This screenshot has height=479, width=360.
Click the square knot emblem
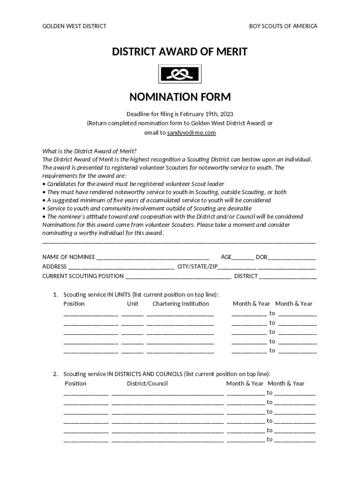click(180, 73)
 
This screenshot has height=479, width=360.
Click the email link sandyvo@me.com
click(192, 133)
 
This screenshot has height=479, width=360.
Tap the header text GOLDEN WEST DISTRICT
click(74, 26)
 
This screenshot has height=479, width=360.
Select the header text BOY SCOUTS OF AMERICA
click(283, 26)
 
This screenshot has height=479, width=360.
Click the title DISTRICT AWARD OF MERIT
click(180, 52)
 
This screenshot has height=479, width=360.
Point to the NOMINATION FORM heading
click(180, 97)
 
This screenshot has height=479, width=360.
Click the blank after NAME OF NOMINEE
click(152, 258)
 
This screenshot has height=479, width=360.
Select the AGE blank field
click(243, 258)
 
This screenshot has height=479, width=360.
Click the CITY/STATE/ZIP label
click(197, 267)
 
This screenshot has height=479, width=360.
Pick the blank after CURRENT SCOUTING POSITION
click(178, 276)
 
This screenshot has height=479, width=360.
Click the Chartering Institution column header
click(180, 304)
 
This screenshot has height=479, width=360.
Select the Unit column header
click(133, 304)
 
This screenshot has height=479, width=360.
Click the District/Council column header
click(147, 384)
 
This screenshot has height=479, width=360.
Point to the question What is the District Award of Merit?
click(89, 151)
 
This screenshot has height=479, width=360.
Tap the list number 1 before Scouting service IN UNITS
click(55, 295)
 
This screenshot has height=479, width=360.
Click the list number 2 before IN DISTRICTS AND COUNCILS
click(55, 374)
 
